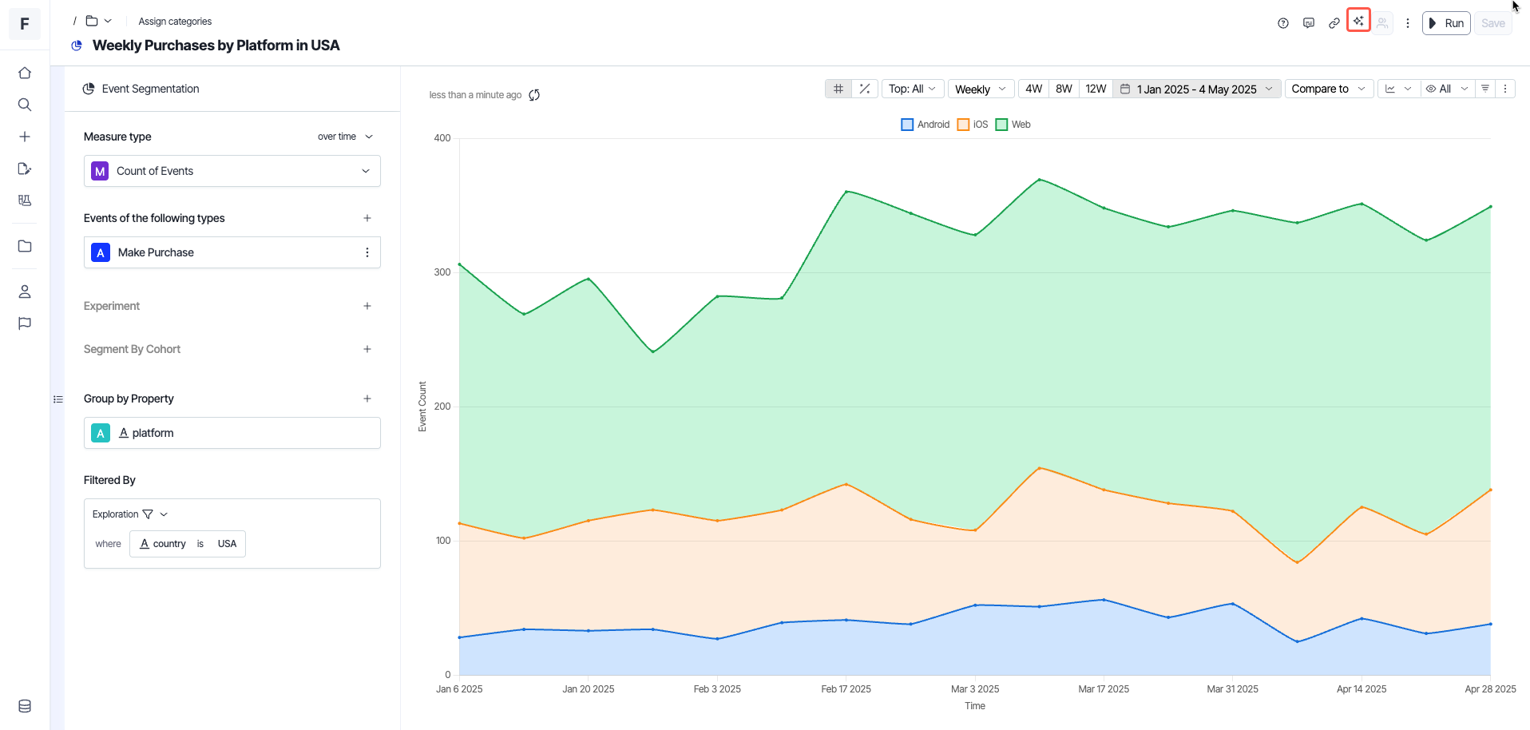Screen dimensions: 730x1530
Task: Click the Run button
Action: (x=1446, y=23)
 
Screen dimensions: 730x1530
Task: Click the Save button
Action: (x=1492, y=23)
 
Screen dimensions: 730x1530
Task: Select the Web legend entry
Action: (x=1013, y=125)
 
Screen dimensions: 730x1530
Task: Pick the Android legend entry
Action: (x=926, y=125)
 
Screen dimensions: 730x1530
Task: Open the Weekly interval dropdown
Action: (x=981, y=89)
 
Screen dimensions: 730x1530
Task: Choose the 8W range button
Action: (x=1064, y=89)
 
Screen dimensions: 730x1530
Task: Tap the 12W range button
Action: (x=1096, y=89)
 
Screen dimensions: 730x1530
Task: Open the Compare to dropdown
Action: (x=1329, y=89)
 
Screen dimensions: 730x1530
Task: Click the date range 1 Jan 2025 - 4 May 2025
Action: (x=1196, y=89)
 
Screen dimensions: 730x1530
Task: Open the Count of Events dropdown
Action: (x=232, y=171)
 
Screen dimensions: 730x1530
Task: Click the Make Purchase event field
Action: (x=224, y=252)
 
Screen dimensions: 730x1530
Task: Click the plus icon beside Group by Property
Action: (x=367, y=399)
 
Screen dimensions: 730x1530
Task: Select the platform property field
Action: (x=232, y=433)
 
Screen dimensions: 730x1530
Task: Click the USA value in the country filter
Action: (x=227, y=544)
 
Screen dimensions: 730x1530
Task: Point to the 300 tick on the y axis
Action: (x=442, y=272)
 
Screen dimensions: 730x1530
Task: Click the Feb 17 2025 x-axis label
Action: (x=846, y=689)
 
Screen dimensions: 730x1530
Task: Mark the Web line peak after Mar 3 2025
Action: (x=1039, y=180)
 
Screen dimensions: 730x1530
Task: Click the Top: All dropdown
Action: (x=912, y=89)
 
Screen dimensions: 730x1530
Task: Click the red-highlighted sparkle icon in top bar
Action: (x=1358, y=21)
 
